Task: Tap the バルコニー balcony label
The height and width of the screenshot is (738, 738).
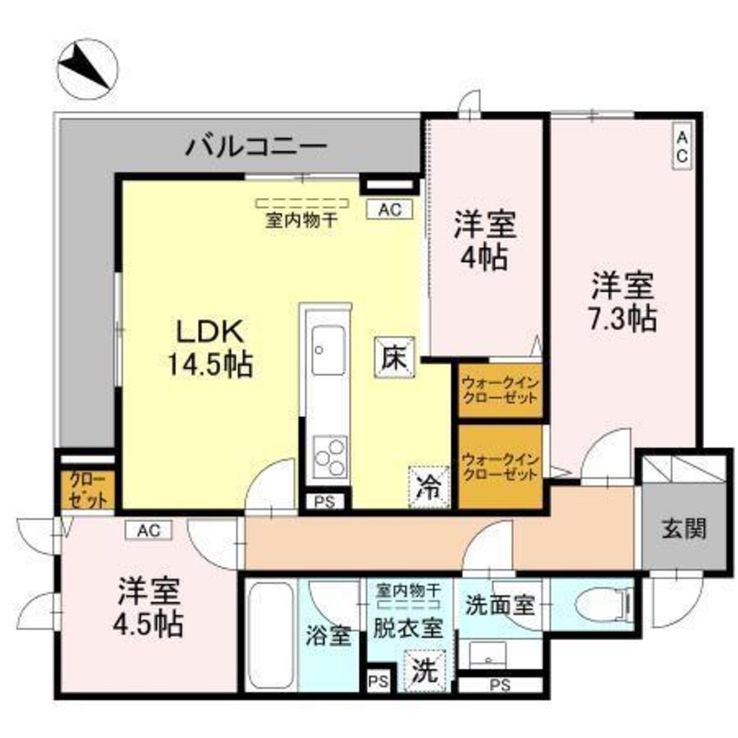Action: click(x=256, y=145)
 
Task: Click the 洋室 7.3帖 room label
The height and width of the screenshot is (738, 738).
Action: click(x=625, y=300)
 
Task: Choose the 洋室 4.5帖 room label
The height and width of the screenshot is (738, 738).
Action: click(x=150, y=608)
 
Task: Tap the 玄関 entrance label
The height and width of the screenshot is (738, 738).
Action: click(x=683, y=527)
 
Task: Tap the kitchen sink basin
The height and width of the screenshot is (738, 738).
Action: click(x=327, y=350)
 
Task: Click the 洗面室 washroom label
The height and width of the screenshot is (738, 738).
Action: click(x=500, y=605)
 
